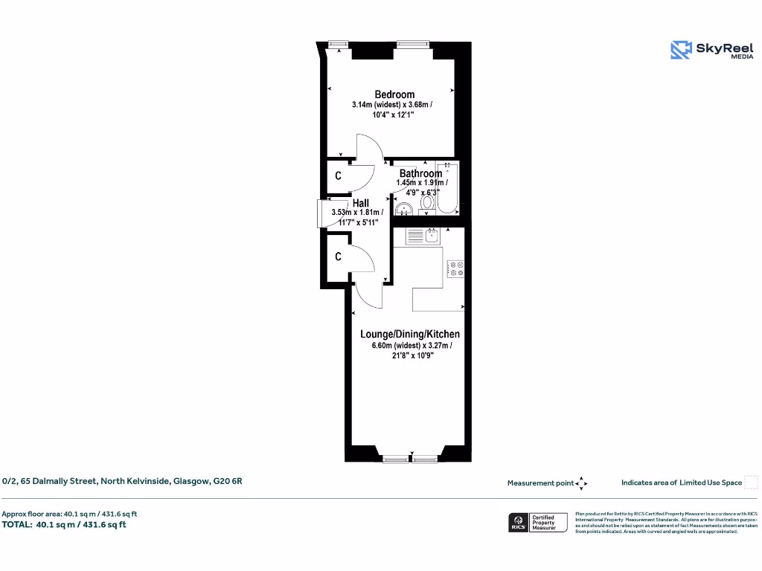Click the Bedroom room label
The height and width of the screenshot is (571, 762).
(x=394, y=94)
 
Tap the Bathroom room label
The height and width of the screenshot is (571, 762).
(x=420, y=173)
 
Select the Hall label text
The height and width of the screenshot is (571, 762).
(x=361, y=203)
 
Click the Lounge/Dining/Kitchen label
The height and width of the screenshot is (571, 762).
(x=410, y=335)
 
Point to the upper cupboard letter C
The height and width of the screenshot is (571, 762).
(x=338, y=176)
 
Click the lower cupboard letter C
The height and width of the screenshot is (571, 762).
(x=338, y=257)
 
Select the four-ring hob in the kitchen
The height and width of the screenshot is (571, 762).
(x=455, y=269)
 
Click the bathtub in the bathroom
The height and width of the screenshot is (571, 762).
(x=449, y=189)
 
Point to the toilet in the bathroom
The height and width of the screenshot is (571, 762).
(x=429, y=202)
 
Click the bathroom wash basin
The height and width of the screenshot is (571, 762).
(x=404, y=208)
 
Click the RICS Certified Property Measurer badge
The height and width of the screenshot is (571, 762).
(x=537, y=522)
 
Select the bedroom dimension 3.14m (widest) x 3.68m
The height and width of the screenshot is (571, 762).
(x=391, y=105)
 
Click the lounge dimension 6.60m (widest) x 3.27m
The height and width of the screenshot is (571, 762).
(x=412, y=346)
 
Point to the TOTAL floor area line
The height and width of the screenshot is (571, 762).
(x=64, y=524)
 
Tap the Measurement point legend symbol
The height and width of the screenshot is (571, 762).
(x=582, y=483)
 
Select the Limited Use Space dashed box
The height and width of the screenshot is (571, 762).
(x=752, y=483)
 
